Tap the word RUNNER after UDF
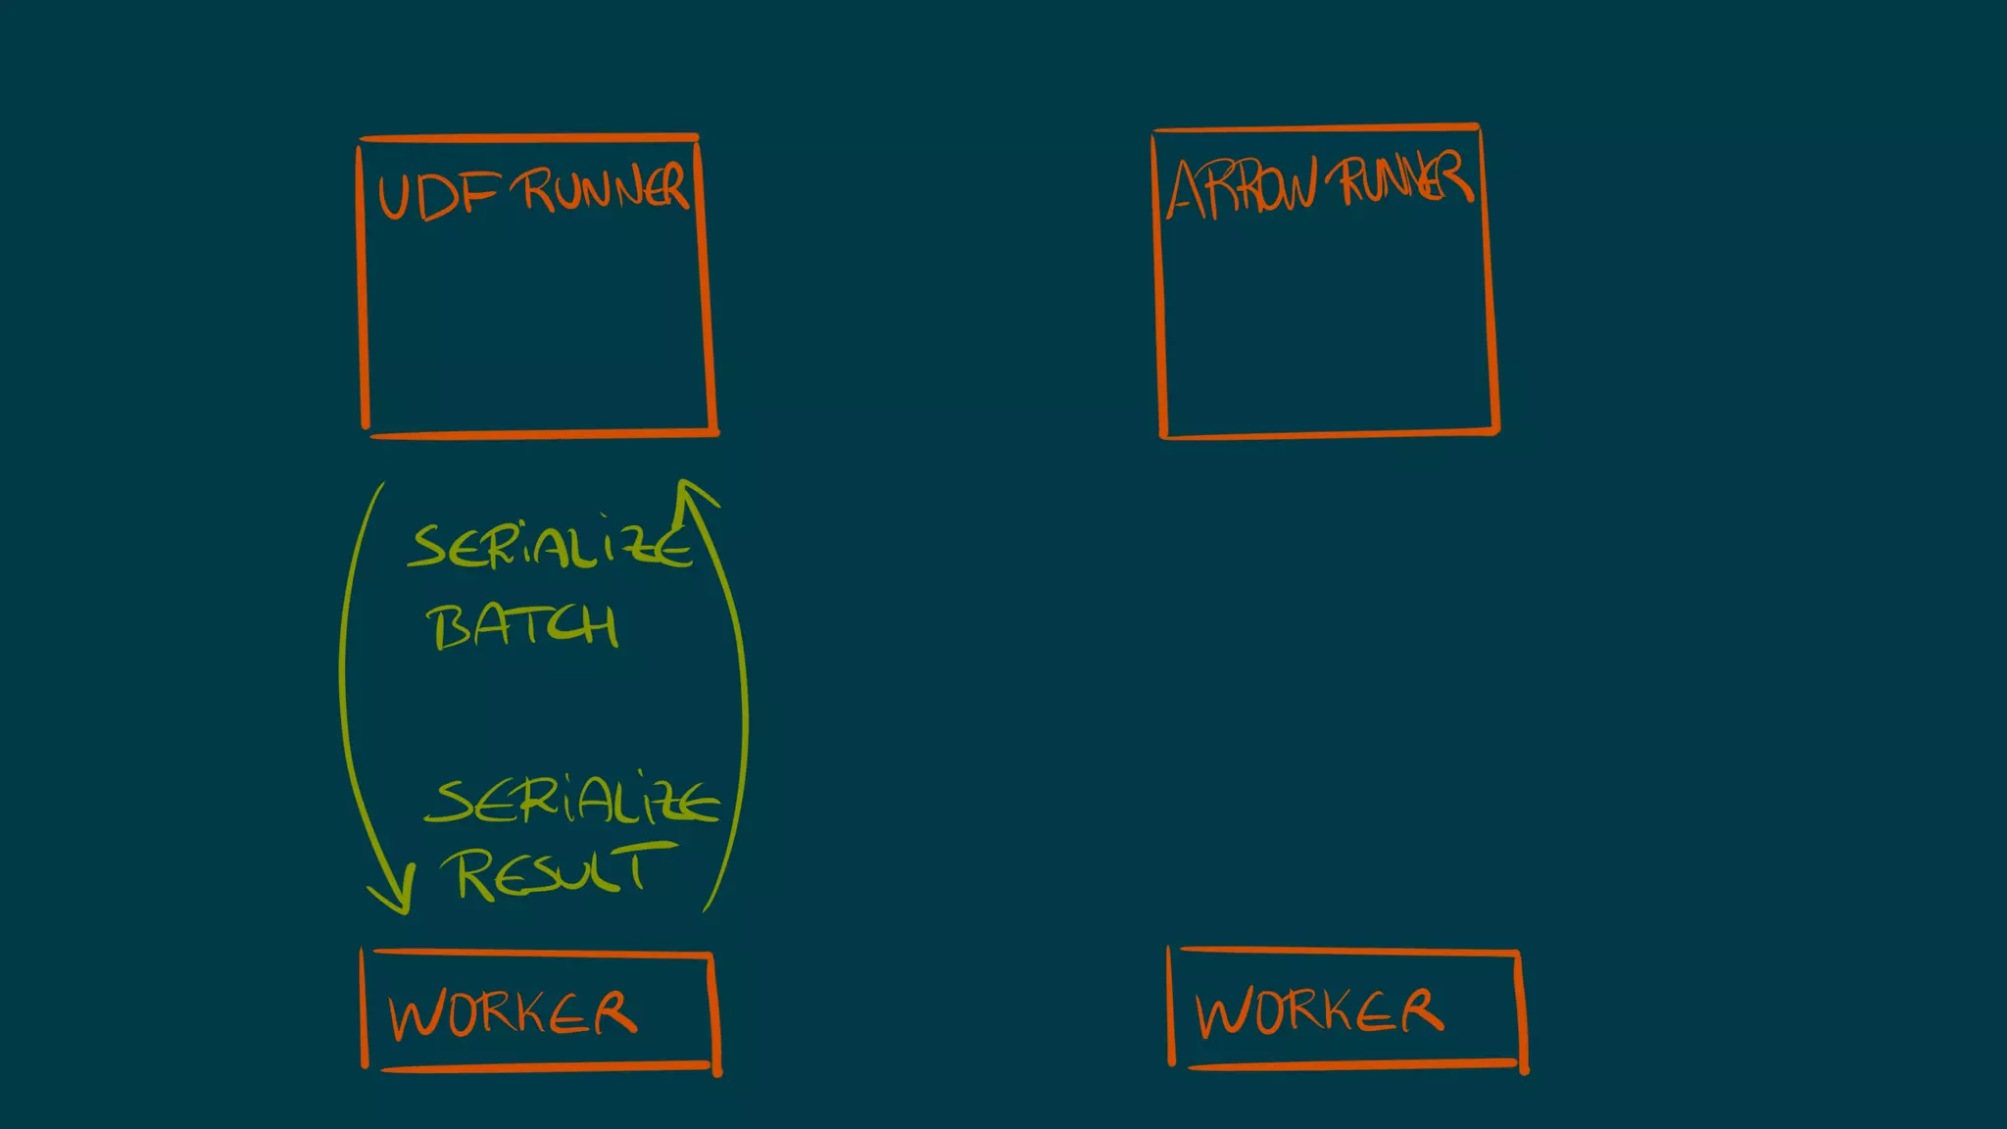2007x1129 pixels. point(605,187)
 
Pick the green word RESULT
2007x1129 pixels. point(554,871)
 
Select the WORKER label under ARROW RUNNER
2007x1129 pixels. point(1318,1010)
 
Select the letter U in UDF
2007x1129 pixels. point(393,197)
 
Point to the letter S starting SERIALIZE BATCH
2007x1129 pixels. point(428,546)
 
